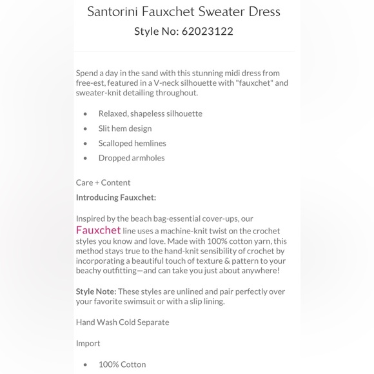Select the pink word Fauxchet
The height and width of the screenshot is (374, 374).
98,230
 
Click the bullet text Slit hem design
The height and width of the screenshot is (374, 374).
125,128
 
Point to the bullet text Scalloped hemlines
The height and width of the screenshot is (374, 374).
132,143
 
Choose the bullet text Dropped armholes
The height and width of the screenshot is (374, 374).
132,158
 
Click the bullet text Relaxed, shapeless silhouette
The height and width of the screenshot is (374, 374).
150,113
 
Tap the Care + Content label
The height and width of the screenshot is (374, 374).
103,182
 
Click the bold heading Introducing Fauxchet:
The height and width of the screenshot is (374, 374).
116,197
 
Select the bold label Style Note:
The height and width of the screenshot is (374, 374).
96,291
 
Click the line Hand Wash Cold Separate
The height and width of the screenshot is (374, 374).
123,322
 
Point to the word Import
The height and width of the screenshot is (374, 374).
88,343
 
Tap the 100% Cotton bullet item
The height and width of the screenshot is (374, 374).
123,364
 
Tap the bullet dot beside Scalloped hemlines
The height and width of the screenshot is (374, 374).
85,143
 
